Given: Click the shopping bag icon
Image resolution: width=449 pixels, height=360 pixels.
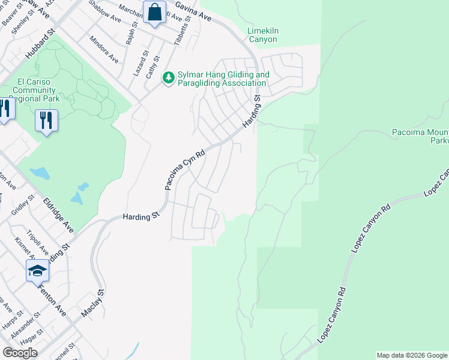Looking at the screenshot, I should click(x=155, y=12).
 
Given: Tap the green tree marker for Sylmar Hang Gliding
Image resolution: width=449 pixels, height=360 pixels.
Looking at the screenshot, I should click(x=169, y=77).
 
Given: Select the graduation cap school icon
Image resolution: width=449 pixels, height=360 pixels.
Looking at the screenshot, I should click(x=37, y=271).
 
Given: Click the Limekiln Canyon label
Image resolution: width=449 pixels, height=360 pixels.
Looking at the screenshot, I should click(x=263, y=35).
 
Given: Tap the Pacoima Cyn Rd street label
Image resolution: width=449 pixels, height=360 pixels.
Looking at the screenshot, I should click(x=184, y=170).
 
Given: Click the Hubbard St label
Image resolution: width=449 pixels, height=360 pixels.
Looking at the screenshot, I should click(x=40, y=46).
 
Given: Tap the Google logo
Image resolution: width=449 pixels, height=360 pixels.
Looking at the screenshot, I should click(x=20, y=353).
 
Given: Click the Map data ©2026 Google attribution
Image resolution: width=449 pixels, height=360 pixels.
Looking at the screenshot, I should click(x=412, y=355).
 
